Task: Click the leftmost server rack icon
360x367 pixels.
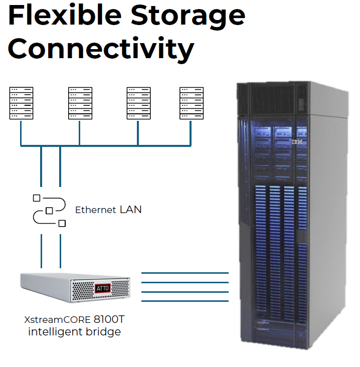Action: [x=21, y=103]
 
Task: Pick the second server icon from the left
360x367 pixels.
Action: [x=80, y=103]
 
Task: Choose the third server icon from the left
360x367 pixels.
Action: [x=138, y=103]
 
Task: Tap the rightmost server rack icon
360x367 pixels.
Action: [x=192, y=103]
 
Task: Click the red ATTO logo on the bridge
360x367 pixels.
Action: [x=103, y=288]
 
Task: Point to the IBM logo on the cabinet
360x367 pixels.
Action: [x=297, y=141]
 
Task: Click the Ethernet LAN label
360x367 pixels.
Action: [x=108, y=210]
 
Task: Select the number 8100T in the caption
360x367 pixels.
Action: [x=109, y=319]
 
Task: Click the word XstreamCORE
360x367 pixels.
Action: [x=57, y=320]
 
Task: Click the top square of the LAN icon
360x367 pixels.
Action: [x=37, y=198]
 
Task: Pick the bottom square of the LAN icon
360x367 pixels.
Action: [x=62, y=223]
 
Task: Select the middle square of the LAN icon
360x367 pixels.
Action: [x=49, y=211]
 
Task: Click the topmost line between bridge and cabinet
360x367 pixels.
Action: [x=185, y=273]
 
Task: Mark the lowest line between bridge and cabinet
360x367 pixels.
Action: [x=185, y=301]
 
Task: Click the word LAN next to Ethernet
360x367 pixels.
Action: [x=131, y=210]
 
